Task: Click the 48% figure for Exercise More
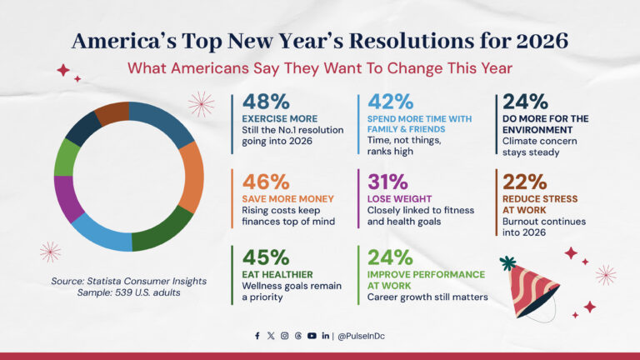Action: pyautogui.click(x=266, y=102)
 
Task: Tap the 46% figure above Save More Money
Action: pyautogui.click(x=266, y=181)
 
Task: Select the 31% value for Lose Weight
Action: pyautogui.click(x=387, y=181)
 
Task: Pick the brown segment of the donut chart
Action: pyautogui.click(x=112, y=112)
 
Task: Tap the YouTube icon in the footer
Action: pyautogui.click(x=312, y=336)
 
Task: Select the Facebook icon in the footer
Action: pyautogui.click(x=257, y=336)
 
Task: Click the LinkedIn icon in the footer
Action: pyautogui.click(x=325, y=336)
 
